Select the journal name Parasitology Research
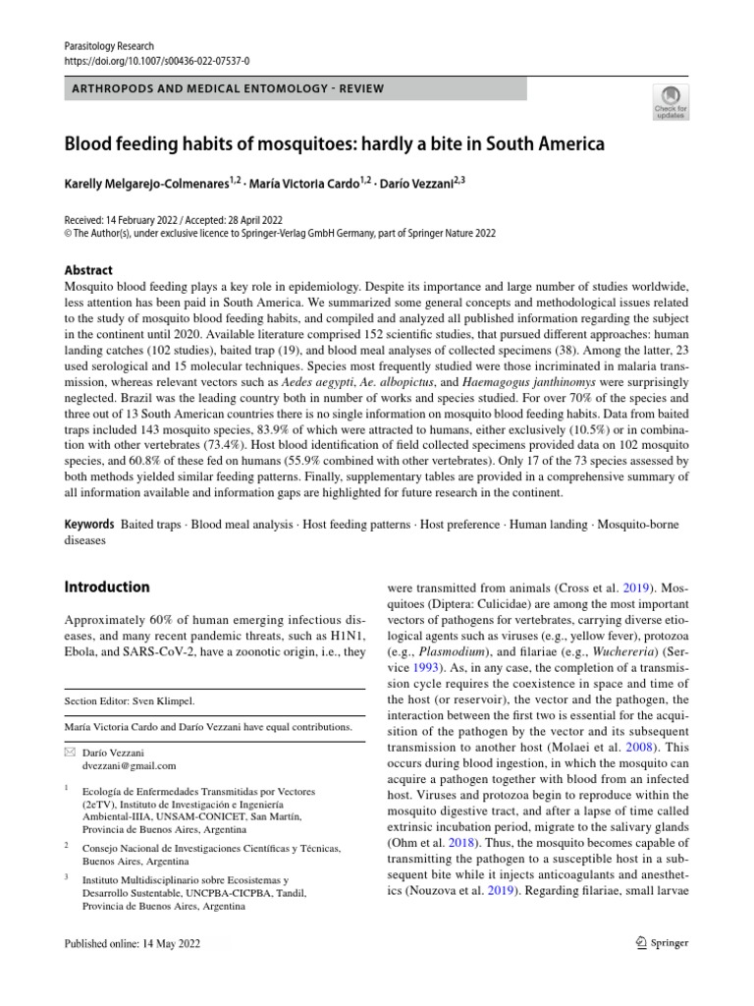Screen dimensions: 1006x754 (x=108, y=45)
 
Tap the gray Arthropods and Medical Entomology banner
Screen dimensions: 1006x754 (x=295, y=89)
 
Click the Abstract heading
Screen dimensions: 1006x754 (x=87, y=270)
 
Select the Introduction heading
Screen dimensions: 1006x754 (x=106, y=587)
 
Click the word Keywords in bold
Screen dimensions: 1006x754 (x=88, y=526)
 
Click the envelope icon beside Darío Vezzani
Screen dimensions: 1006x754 (x=68, y=752)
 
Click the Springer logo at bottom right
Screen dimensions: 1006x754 (x=663, y=943)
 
